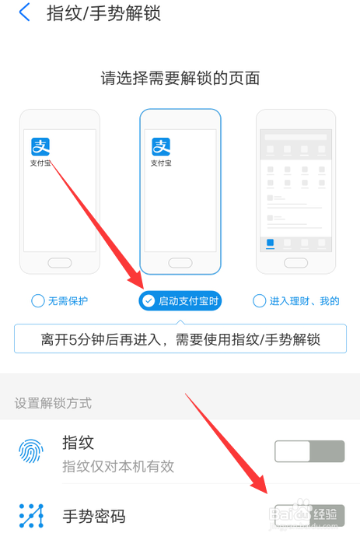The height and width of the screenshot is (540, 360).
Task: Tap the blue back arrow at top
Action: (x=25, y=13)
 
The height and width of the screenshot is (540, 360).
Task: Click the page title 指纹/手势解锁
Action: (x=103, y=13)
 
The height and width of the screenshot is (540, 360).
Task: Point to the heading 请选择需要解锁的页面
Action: (x=180, y=78)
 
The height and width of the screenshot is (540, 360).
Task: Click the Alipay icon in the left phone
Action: (x=40, y=146)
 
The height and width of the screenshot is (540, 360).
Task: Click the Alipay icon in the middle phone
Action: (x=161, y=146)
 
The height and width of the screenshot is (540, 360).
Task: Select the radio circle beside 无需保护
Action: (x=37, y=300)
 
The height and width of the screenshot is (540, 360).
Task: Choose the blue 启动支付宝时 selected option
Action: (x=180, y=300)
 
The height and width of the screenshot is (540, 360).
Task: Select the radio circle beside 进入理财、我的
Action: (x=259, y=300)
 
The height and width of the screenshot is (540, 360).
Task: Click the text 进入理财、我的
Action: (x=304, y=300)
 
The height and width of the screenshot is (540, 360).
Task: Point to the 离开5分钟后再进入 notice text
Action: (x=180, y=339)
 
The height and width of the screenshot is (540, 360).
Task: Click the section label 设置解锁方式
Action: (x=53, y=403)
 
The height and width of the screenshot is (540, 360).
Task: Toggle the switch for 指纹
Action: (x=309, y=451)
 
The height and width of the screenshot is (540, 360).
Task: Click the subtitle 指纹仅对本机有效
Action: (x=117, y=466)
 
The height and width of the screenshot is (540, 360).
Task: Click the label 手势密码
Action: (x=93, y=515)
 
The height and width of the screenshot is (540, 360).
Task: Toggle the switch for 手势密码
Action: (x=309, y=515)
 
